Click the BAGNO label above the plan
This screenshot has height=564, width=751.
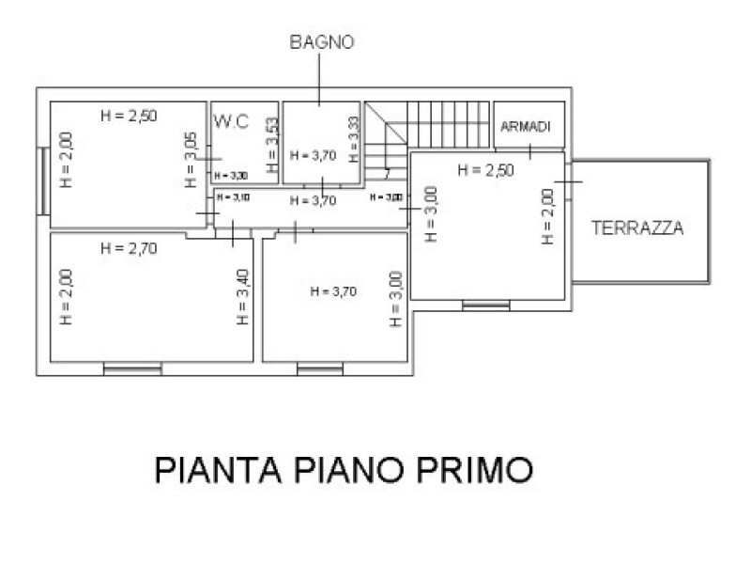(321, 42)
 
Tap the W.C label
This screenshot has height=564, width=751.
(230, 121)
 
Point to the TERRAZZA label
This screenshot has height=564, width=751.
(636, 227)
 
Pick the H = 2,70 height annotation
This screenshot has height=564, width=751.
(129, 248)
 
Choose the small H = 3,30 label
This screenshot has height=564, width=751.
(231, 176)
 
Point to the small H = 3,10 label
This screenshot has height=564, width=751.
(233, 197)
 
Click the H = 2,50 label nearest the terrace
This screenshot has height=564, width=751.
(485, 170)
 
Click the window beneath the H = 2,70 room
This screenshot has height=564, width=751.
(132, 369)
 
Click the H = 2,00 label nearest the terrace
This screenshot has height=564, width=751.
(547, 217)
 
